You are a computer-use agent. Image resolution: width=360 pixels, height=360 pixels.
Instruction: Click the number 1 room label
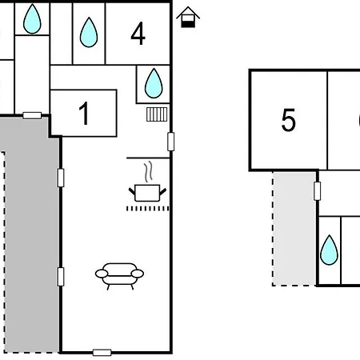tap(85, 114)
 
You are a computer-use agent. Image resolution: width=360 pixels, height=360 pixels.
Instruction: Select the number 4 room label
tap(138, 34)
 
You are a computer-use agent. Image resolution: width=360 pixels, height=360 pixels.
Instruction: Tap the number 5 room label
tap(289, 120)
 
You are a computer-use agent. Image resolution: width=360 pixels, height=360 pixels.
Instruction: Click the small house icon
tap(188, 17)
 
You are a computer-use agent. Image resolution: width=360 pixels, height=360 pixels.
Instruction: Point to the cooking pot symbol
tap(147, 193)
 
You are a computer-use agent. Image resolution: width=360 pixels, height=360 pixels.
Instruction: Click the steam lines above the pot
tap(149, 171)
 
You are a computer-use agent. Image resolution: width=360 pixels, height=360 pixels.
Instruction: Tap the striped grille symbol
tap(157, 114)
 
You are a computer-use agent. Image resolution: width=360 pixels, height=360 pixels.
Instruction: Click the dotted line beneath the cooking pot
tap(147, 209)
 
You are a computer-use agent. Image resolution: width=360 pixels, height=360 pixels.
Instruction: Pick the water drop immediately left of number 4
tap(89, 33)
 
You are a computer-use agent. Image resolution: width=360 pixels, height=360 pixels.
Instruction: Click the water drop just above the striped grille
tap(154, 83)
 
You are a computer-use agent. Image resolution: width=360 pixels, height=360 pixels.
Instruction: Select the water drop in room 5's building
tap(329, 250)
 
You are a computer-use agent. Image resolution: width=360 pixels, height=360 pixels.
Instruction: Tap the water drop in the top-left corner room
tap(32, 19)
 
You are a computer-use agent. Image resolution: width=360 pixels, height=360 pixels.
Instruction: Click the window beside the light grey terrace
tap(317, 191)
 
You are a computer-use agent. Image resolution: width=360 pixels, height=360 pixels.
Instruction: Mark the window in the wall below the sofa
tap(102, 353)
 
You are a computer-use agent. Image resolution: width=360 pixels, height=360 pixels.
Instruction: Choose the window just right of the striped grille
tap(171, 142)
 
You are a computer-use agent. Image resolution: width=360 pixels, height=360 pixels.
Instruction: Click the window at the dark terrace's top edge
tap(32, 115)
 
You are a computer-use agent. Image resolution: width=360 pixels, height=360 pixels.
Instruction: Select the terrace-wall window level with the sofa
tap(61, 277)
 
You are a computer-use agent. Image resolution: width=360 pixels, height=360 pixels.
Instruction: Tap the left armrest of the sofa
tap(102, 274)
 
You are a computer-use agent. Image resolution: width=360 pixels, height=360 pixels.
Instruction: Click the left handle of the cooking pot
tap(132, 191)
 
